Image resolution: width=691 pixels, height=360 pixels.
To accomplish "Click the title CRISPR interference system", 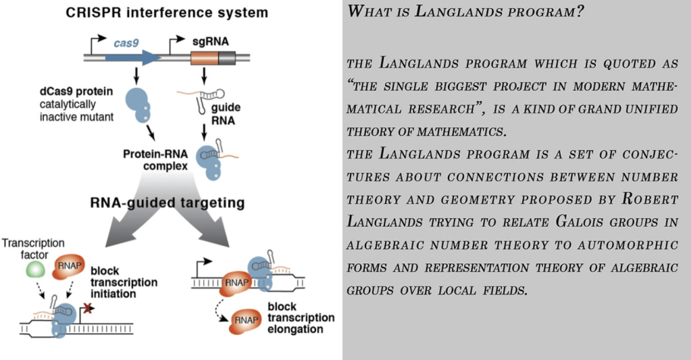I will [x=166, y=13].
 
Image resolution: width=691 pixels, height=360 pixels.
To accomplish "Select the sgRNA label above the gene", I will [x=211, y=41].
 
